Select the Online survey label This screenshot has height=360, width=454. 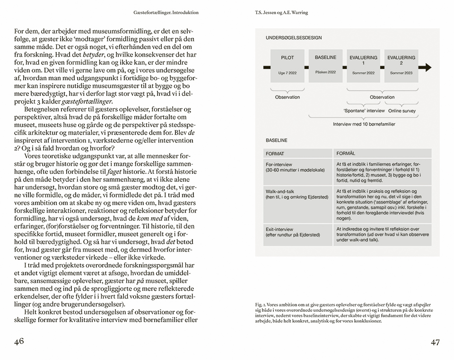tap(402, 111)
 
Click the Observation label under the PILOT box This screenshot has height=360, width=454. tap(288, 97)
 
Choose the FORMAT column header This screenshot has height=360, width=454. tap(275, 154)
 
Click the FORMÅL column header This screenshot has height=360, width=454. tap(346, 154)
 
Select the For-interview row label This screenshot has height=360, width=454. tap(279, 164)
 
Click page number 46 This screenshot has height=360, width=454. tap(19, 342)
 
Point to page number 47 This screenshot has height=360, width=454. tap(435, 342)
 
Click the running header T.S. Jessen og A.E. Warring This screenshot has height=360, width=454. tap(281, 13)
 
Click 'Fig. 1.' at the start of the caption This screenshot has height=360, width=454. tap(260, 305)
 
